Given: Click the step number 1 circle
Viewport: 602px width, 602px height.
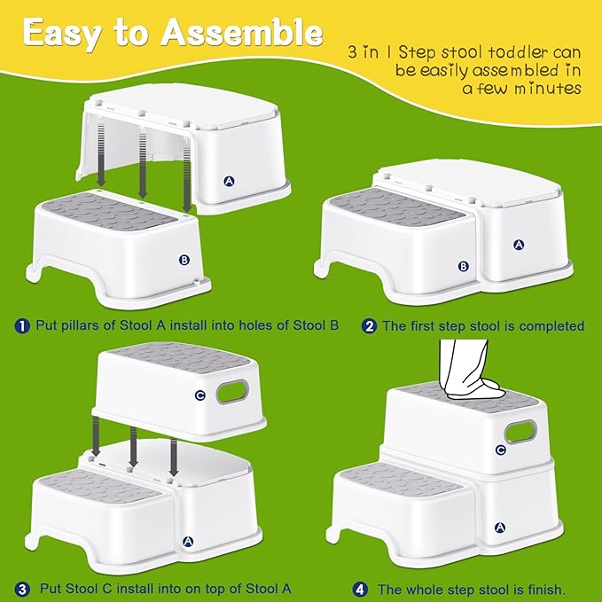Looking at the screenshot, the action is [x=22, y=326].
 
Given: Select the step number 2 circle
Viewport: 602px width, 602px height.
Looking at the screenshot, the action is [x=369, y=326].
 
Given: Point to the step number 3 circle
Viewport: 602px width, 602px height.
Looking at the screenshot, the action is [x=22, y=590].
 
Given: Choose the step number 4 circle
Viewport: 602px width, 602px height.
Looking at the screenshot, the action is [x=360, y=590].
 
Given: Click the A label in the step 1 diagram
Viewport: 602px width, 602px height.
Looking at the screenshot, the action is [x=230, y=181].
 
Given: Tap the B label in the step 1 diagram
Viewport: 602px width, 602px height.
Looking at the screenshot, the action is [x=184, y=260].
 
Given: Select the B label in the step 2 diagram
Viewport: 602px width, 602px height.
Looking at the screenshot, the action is [x=464, y=266].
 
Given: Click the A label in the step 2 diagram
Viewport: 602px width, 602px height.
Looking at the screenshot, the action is [x=519, y=244].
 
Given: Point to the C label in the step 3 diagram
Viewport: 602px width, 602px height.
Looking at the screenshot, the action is [x=200, y=395].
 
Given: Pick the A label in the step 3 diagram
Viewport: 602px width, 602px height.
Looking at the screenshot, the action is [x=188, y=542].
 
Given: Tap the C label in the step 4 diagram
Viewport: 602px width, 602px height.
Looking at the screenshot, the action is [x=501, y=450].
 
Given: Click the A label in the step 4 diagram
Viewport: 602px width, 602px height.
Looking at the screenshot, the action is [x=500, y=528].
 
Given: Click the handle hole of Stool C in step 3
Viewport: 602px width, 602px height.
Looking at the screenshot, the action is [x=232, y=391].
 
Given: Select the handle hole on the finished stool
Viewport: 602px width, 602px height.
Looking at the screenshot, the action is [x=520, y=432].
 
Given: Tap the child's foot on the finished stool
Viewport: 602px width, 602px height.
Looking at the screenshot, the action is [x=476, y=388].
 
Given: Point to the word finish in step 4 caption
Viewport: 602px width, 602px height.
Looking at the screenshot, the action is [x=544, y=590].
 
